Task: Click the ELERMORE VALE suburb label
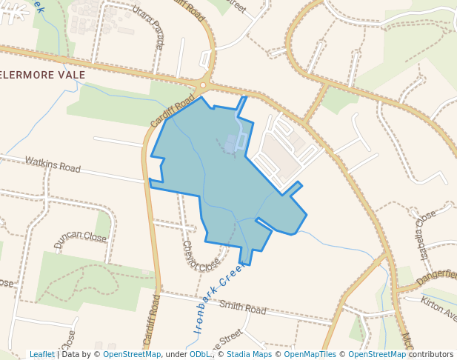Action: click(43, 75)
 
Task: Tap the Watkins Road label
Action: click(52, 164)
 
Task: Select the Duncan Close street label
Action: click(80, 239)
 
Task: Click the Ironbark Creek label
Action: click(219, 300)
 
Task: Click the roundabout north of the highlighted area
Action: click(204, 84)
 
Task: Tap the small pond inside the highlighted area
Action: click(232, 143)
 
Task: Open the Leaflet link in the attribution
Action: click(41, 354)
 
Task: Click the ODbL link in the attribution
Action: click(200, 354)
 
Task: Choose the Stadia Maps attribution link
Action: click(248, 354)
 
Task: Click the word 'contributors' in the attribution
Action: click(431, 354)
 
